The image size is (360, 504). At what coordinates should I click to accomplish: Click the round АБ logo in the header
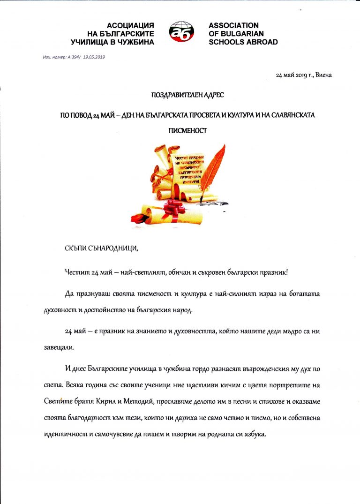(181, 33)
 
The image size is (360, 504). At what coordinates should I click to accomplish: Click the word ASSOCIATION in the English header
(233, 25)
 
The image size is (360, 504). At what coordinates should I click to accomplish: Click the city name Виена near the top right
(323, 75)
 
